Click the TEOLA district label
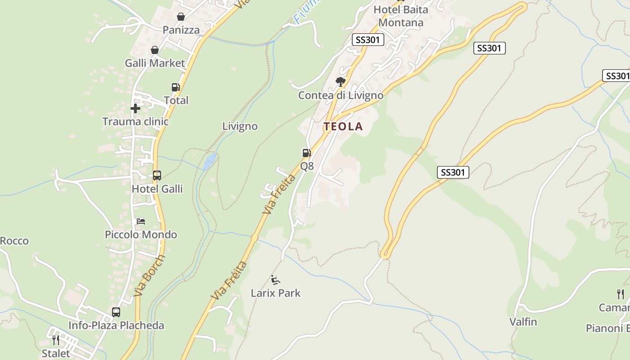pyautogui.click(x=343, y=126)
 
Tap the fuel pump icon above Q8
pyautogui.click(x=306, y=153)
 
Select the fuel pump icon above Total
pyautogui.click(x=175, y=87)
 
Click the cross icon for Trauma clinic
pyautogui.click(x=135, y=108)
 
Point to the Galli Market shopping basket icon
pyautogui.click(x=155, y=50)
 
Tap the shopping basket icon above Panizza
pyautogui.click(x=180, y=17)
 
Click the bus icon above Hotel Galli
pyautogui.click(x=157, y=175)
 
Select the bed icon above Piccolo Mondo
pyautogui.click(x=141, y=221)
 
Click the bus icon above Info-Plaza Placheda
pyautogui.click(x=116, y=312)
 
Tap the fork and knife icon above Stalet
pyautogui.click(x=56, y=340)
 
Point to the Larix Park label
pyautogui.click(x=275, y=293)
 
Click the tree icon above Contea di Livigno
pyautogui.click(x=341, y=82)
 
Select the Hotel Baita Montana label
pyautogui.click(x=400, y=16)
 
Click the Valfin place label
pyautogui.click(x=523, y=322)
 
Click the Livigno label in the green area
pyautogui.click(x=240, y=126)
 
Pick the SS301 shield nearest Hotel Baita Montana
pyautogui.click(x=368, y=40)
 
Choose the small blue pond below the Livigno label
pyautogui.click(x=210, y=161)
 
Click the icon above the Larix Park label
pyautogui.click(x=275, y=279)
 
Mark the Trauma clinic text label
pyautogui.click(x=135, y=121)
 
